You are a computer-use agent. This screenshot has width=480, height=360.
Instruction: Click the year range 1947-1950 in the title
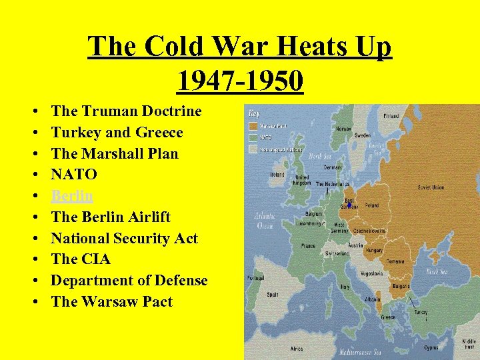240,81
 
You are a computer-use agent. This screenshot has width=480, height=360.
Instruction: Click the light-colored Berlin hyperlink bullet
72,195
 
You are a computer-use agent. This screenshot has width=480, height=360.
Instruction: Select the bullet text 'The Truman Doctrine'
126,111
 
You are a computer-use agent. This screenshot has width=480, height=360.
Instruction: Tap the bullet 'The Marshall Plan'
115,153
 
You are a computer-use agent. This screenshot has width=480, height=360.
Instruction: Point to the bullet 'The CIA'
81,259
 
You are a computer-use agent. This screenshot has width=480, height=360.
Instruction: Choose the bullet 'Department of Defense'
129,280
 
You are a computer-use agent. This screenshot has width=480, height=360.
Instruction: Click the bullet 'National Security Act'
124,238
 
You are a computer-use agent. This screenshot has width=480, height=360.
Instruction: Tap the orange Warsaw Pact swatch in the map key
253,125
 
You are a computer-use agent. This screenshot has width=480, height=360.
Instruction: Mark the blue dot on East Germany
349,205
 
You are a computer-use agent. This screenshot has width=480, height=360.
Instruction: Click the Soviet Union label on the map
431,187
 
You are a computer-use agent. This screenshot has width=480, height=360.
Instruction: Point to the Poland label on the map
371,206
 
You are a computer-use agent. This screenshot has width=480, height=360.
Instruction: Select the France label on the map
308,245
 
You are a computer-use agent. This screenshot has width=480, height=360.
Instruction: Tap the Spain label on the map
272,294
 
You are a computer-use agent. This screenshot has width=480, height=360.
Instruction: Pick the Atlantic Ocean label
263,221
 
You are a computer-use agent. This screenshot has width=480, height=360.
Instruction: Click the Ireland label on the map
277,175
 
